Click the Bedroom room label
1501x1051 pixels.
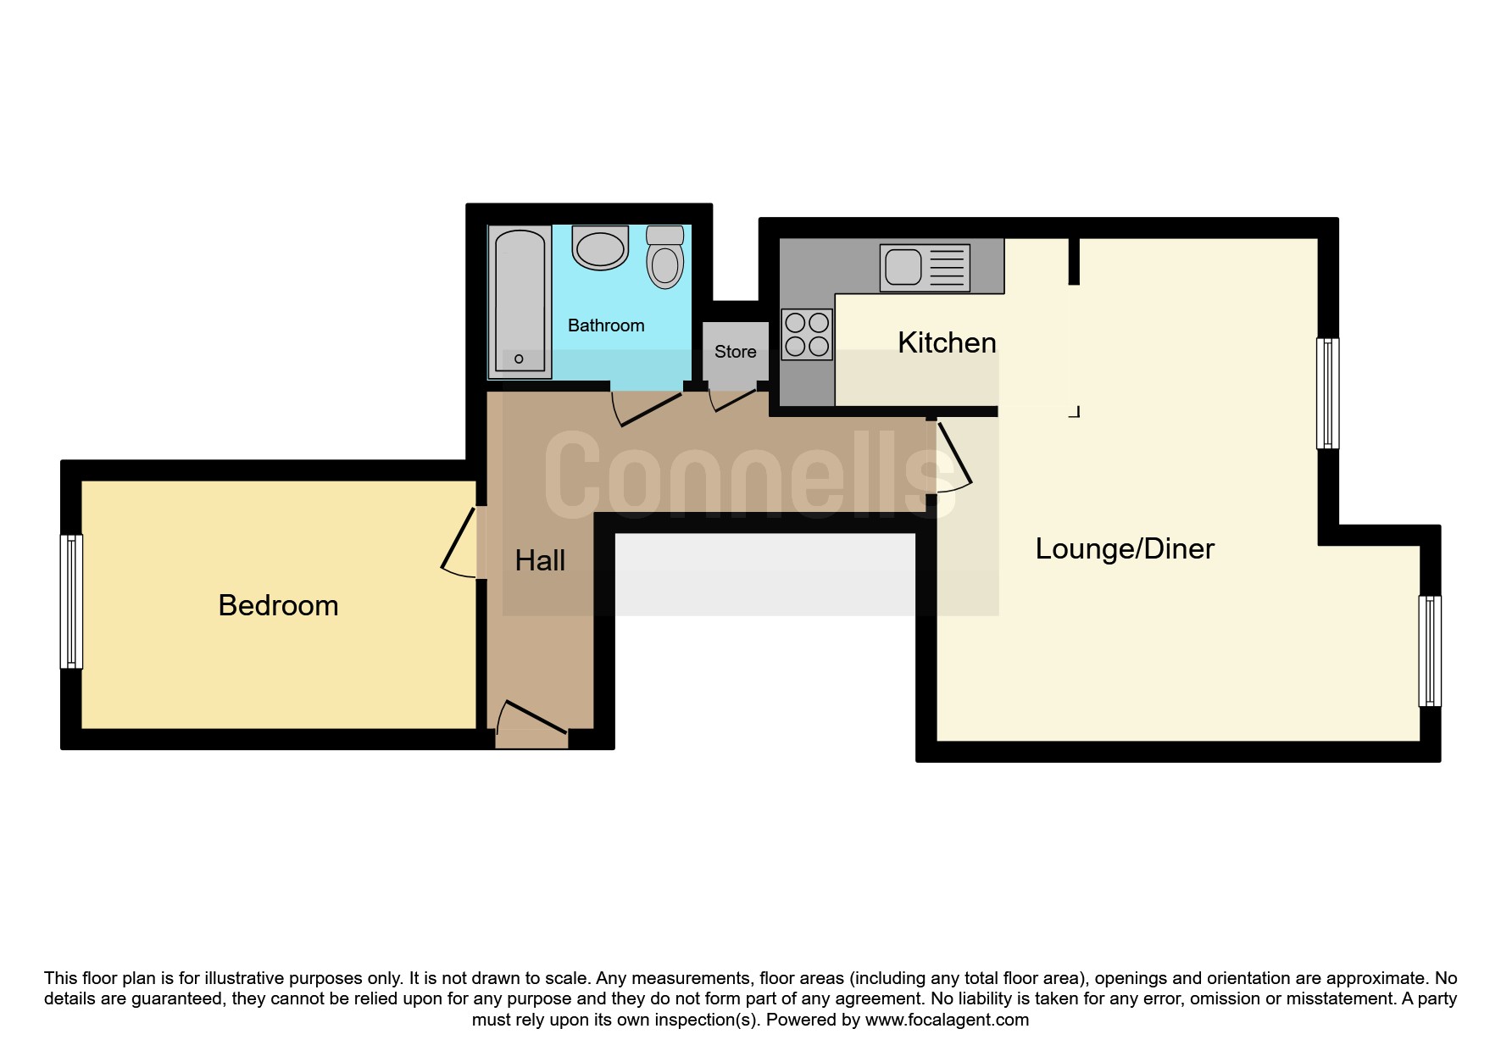(278, 605)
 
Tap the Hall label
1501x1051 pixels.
(540, 560)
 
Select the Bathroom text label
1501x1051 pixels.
(606, 325)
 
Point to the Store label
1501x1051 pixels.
(735, 352)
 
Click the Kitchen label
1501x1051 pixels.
(947, 342)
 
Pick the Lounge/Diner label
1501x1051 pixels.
(1125, 549)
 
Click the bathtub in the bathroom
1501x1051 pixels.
(519, 301)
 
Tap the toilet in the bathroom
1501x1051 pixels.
(665, 256)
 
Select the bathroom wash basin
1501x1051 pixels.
(600, 247)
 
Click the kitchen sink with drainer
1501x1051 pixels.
(925, 268)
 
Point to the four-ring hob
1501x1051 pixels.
(807, 334)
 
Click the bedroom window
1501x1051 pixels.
(72, 601)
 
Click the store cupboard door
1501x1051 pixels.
(733, 401)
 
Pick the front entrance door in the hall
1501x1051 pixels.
(531, 720)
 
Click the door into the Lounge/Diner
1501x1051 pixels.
(953, 458)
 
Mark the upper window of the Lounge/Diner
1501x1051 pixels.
(1327, 393)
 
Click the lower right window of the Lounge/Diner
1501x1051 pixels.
(1430, 651)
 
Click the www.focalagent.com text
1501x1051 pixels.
(947, 1020)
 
